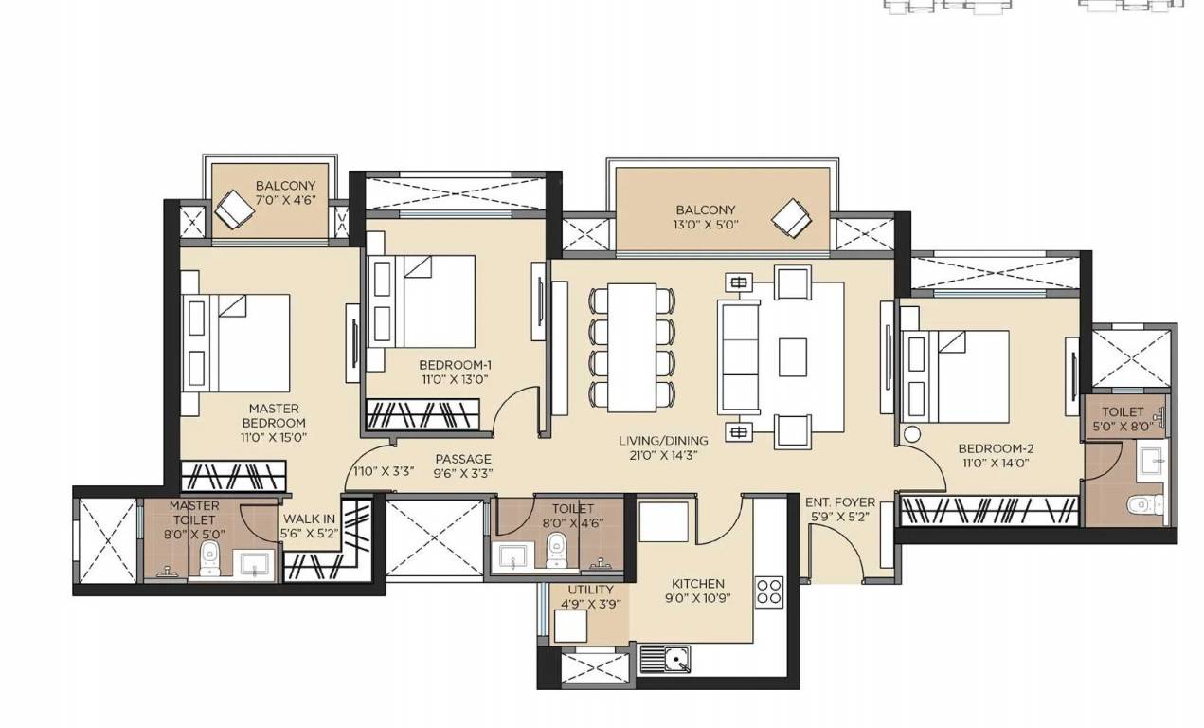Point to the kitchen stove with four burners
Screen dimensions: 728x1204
click(769, 592)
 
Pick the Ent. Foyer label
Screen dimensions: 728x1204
click(840, 501)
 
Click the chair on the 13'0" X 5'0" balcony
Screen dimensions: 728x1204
click(792, 220)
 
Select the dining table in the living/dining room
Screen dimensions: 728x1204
click(633, 346)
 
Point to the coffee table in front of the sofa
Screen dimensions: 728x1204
click(793, 357)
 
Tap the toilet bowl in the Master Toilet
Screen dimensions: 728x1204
click(215, 557)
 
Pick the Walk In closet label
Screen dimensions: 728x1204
click(309, 519)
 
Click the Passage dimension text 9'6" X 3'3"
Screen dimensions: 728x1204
click(462, 473)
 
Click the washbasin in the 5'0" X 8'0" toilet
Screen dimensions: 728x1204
click(1152, 460)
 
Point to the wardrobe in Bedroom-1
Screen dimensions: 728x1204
click(423, 413)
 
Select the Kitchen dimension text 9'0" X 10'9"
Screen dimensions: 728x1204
click(697, 598)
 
